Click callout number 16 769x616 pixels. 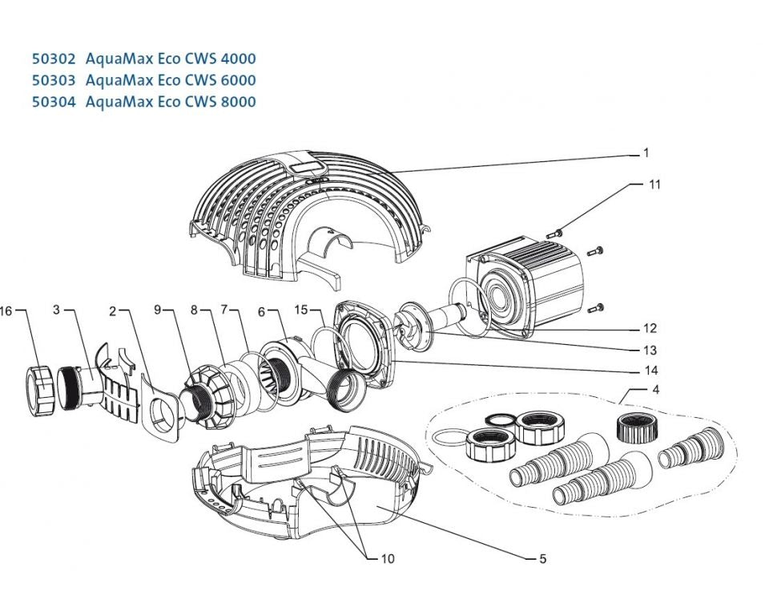[7, 311]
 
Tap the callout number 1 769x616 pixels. [645, 152]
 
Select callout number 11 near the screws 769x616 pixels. [654, 184]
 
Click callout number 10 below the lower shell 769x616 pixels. [388, 558]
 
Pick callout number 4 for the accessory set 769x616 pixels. [656, 391]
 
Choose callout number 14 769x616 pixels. [651, 371]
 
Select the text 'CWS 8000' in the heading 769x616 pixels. [227, 102]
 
